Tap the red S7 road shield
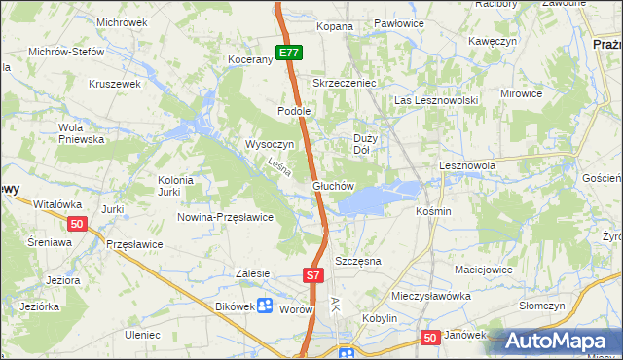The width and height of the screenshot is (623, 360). click(312, 276)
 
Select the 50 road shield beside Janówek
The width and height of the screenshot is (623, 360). click(431, 337)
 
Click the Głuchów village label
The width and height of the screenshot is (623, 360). click(331, 185)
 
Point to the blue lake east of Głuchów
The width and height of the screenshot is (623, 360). click(370, 199)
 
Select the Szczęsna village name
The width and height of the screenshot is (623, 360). click(357, 262)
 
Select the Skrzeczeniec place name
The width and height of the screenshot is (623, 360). click(344, 84)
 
